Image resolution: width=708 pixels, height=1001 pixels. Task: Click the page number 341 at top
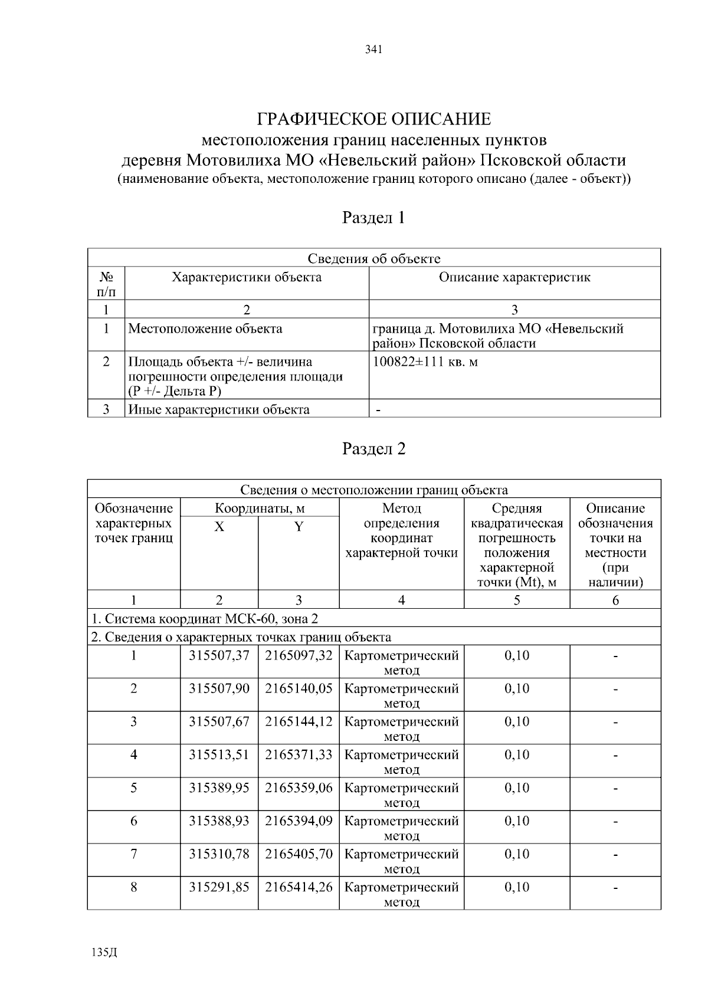click(x=374, y=50)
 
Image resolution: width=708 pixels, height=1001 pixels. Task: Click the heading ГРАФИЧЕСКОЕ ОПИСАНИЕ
click(x=374, y=119)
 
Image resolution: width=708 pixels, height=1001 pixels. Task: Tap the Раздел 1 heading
click(x=374, y=218)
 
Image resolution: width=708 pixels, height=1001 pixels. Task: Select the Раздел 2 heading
click(x=374, y=449)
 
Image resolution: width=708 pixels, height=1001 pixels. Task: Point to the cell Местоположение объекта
click(x=205, y=329)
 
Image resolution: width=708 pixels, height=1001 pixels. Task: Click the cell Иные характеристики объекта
click(x=219, y=409)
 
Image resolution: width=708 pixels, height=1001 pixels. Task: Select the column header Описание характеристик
click(x=514, y=277)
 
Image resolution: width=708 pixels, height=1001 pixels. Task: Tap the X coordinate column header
click(x=219, y=527)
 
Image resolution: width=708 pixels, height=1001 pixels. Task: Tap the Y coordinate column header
click(x=299, y=527)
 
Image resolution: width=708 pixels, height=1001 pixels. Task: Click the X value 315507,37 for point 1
click(x=219, y=655)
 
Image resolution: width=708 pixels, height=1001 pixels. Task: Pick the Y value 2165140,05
click(x=299, y=688)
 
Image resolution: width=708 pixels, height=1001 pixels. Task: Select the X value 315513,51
click(x=219, y=754)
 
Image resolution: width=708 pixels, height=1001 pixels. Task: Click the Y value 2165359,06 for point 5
click(x=299, y=787)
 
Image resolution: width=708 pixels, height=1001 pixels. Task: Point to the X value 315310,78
click(x=219, y=854)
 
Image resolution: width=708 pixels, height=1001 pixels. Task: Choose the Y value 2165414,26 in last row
click(x=299, y=887)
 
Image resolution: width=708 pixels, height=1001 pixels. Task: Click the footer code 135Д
click(x=105, y=953)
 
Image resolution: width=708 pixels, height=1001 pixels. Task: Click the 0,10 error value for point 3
click(x=517, y=721)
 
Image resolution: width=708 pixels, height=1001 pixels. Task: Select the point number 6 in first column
click(x=134, y=821)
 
